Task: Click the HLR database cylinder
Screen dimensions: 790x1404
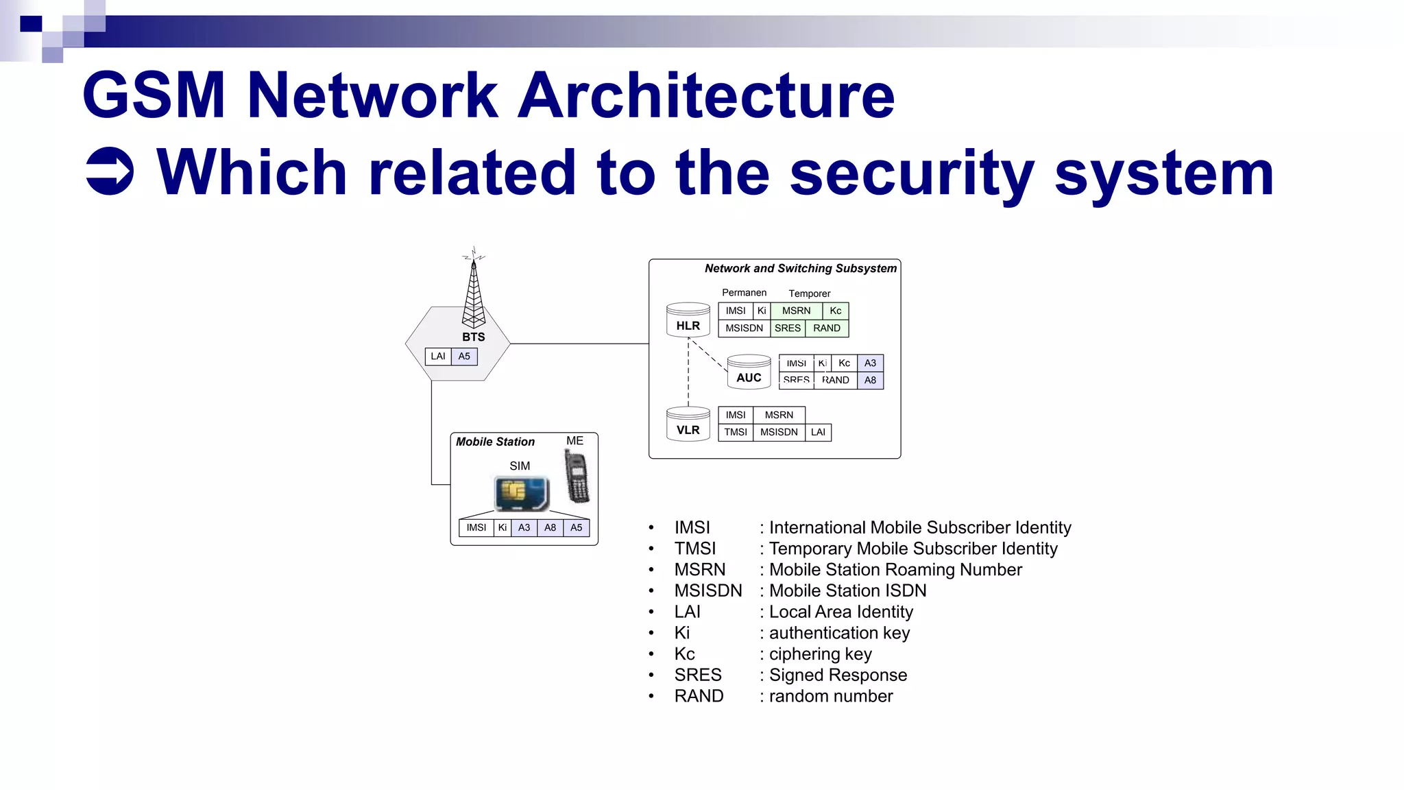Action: [688, 320]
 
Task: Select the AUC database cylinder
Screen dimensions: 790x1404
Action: [749, 372]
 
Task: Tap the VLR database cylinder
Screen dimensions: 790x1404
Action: [688, 424]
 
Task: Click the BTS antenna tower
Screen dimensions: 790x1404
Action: [473, 291]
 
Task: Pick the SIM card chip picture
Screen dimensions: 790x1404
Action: [522, 493]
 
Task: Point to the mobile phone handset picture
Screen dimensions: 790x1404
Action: [577, 476]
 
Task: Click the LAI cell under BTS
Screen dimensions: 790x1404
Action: [438, 357]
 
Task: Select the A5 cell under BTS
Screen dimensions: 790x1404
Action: [464, 357]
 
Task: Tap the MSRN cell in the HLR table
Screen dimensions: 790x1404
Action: [796, 311]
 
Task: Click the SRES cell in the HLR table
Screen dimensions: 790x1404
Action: [788, 328]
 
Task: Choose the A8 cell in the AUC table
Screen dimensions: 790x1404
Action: [870, 381]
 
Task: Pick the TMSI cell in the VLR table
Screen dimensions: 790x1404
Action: [736, 433]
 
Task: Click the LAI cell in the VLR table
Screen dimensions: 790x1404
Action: [818, 433]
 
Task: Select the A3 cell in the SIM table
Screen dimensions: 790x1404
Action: [524, 528]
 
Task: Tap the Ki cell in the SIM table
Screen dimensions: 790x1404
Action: [503, 528]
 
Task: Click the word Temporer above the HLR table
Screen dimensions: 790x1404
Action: [809, 294]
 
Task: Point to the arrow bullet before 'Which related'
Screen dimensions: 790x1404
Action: [110, 171]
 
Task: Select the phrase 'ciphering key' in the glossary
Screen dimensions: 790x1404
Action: [820, 654]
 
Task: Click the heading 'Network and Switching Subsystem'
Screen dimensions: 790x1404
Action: [800, 269]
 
